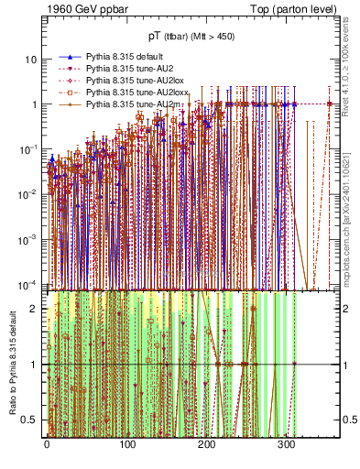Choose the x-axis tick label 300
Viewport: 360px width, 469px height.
point(286,446)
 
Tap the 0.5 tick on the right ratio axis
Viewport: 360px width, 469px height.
point(350,420)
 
